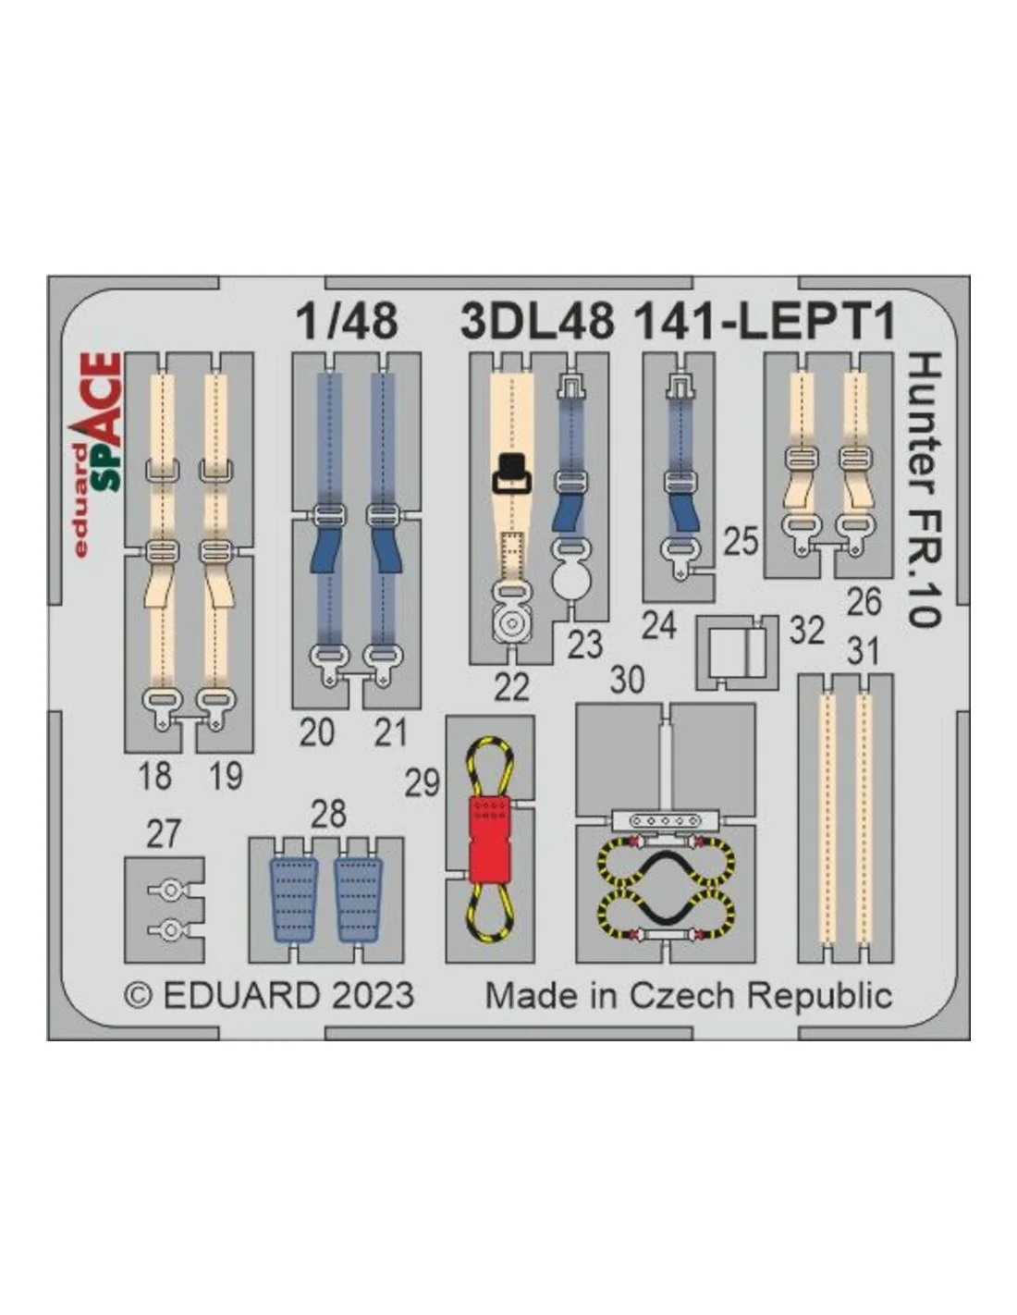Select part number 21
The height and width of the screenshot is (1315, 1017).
click(390, 732)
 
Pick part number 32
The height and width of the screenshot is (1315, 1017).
click(806, 631)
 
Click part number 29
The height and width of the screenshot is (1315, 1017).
click(422, 783)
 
